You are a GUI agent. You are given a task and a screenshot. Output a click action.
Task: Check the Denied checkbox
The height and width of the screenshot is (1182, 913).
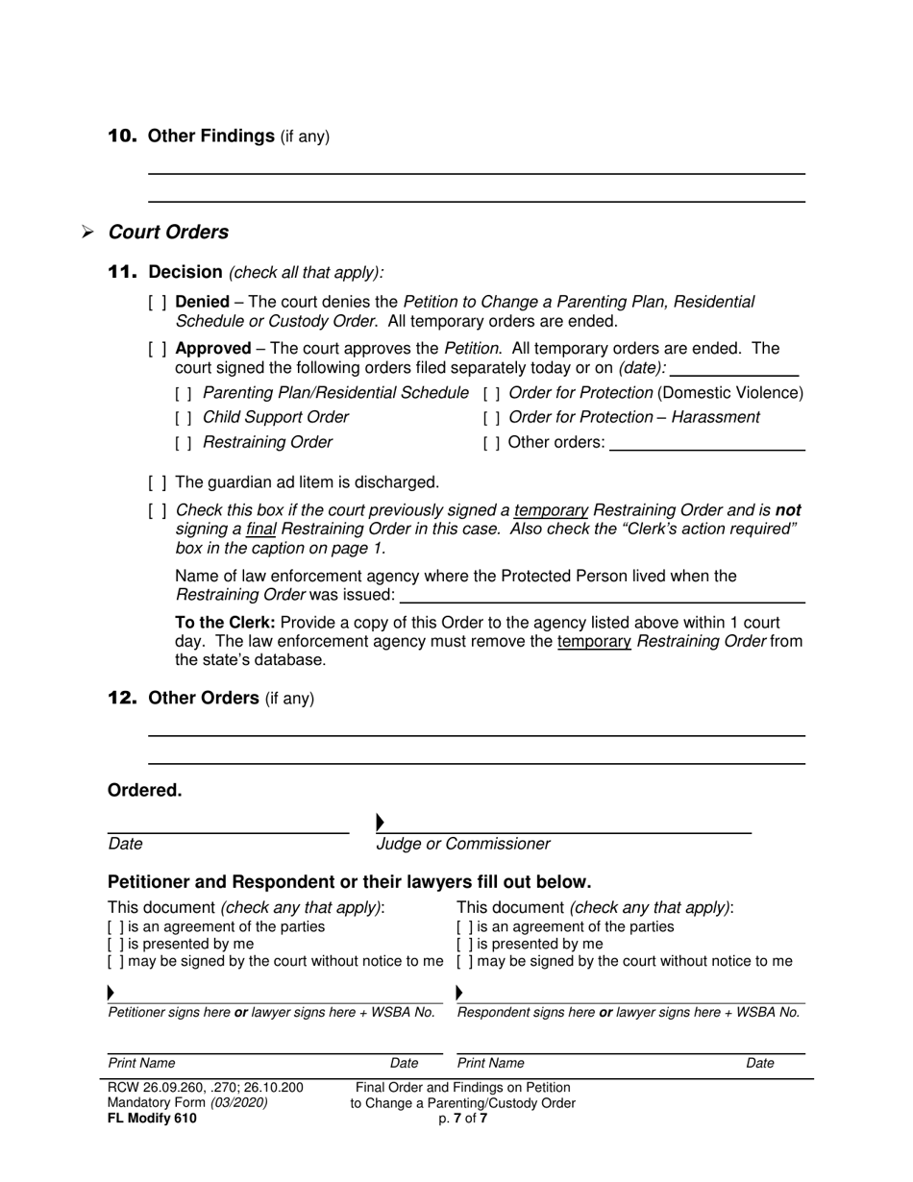click(158, 303)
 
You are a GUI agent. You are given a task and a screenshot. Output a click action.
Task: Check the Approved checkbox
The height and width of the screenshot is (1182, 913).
click(158, 349)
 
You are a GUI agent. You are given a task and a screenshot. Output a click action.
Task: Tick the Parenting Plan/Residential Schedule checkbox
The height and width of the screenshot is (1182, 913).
click(184, 393)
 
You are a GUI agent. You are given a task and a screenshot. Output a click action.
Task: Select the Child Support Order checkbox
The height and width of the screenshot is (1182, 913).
click(184, 418)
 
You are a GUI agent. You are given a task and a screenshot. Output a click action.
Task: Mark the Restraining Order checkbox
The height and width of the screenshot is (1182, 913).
click(184, 443)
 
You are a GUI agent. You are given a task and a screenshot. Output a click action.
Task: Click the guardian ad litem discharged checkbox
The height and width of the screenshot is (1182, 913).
click(158, 482)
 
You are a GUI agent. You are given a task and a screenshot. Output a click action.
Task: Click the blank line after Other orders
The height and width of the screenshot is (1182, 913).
click(707, 444)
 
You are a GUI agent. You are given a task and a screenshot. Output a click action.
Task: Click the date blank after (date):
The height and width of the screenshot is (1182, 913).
click(734, 368)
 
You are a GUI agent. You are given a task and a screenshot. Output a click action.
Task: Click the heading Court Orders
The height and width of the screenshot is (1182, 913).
click(168, 233)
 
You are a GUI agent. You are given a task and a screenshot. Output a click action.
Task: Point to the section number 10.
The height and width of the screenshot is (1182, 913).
click(122, 136)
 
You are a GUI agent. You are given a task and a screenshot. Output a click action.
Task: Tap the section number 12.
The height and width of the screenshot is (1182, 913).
click(122, 699)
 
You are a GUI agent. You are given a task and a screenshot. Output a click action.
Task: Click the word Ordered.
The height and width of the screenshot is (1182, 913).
click(144, 791)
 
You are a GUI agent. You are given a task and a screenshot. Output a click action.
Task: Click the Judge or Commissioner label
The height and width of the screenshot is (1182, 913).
click(463, 844)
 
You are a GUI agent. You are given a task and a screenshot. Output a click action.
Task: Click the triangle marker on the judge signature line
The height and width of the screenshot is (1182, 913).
click(381, 822)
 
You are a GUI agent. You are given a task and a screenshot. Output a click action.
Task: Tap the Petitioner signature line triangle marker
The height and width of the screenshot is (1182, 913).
click(111, 992)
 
